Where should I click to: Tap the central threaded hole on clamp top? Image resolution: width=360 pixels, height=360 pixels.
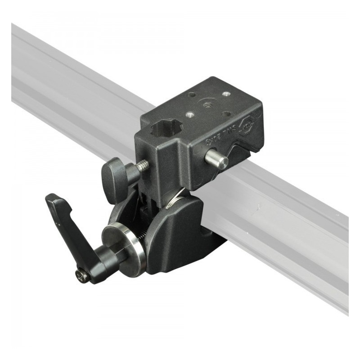click(x=207, y=105)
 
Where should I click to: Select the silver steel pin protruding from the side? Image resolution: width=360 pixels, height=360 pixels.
click(x=216, y=159)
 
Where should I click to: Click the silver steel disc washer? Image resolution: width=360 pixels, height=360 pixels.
click(x=125, y=245)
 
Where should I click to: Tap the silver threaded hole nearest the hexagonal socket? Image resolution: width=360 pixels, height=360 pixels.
click(x=191, y=115)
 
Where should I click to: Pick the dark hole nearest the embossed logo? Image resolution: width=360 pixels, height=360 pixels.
click(x=227, y=113)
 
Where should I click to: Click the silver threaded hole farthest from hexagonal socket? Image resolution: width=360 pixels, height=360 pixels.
click(x=225, y=94)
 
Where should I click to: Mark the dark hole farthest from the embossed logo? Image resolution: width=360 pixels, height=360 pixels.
click(x=192, y=95)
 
